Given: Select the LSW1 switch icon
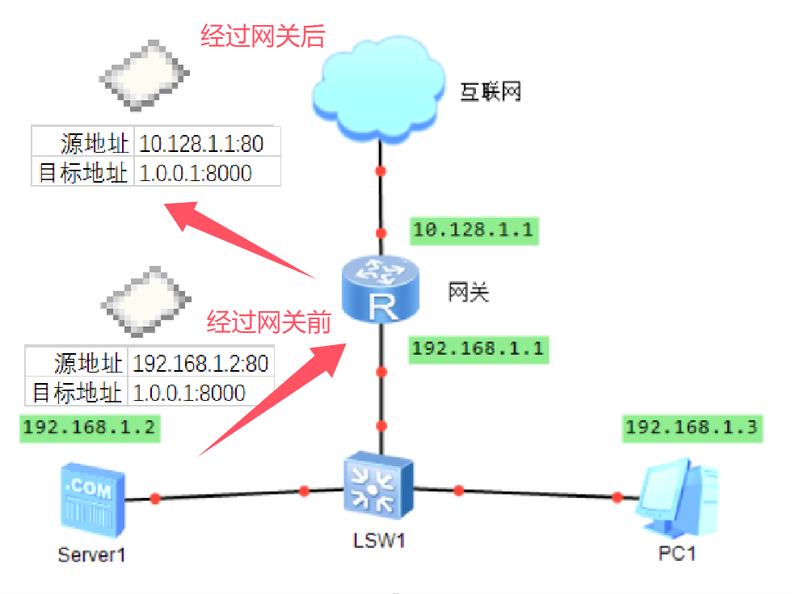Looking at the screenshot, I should coord(377,485).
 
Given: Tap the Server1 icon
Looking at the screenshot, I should coord(92,499).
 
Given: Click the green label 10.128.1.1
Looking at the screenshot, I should coord(473,230).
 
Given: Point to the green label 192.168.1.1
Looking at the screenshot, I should coord(477,349).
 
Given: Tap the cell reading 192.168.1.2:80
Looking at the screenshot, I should coord(200,364).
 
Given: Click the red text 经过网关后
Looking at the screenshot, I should coord(263,36).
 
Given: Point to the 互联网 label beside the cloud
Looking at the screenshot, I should coord(491,91).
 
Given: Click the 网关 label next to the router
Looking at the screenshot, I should coord(469,292).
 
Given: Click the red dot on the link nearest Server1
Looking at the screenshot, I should coord(155,499).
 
